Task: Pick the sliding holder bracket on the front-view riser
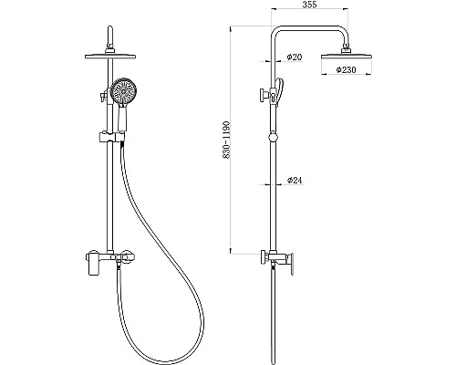tap(103, 140)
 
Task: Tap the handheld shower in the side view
tap(281, 89)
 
